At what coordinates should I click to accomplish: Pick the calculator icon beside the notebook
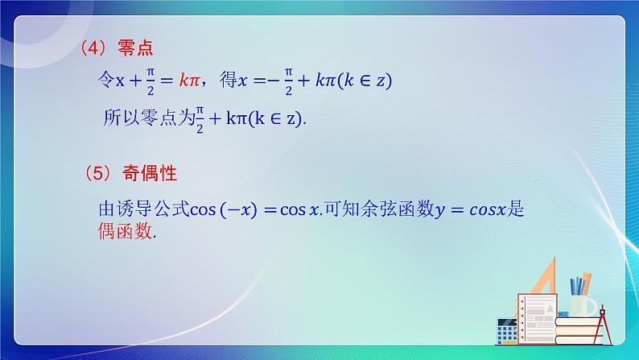[507, 332]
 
